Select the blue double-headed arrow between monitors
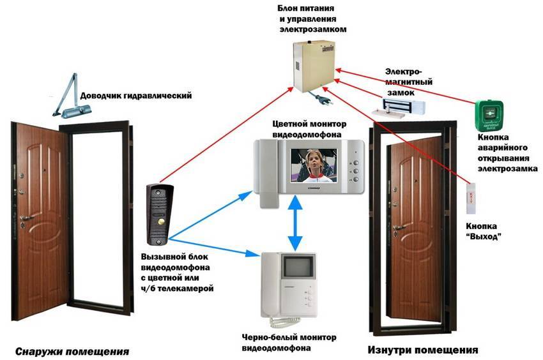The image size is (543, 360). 294,224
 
